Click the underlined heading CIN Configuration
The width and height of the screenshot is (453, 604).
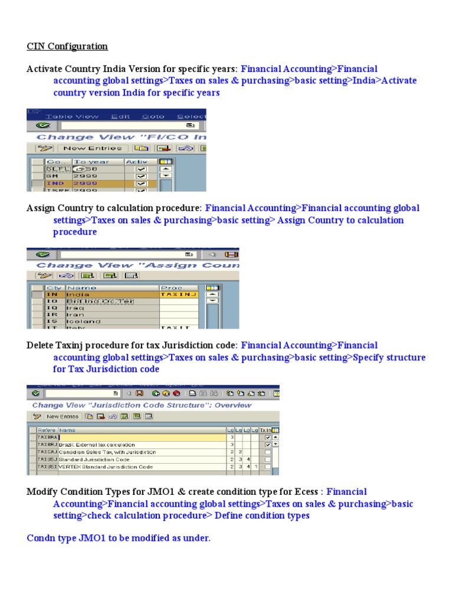(67, 46)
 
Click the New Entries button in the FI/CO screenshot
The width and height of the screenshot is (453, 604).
(92, 148)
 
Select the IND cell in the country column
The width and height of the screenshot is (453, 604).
(52, 183)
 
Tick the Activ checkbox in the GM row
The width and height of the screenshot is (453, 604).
(141, 176)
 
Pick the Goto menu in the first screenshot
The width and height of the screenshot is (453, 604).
(153, 116)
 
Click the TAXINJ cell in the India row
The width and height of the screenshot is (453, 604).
(178, 294)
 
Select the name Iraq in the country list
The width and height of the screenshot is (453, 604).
(75, 308)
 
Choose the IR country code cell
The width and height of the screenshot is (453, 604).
(52, 315)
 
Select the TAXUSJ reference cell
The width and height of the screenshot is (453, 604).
(47, 459)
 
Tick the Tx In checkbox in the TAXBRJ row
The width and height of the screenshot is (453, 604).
(268, 445)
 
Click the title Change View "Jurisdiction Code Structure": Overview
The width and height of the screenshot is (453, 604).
(142, 405)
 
